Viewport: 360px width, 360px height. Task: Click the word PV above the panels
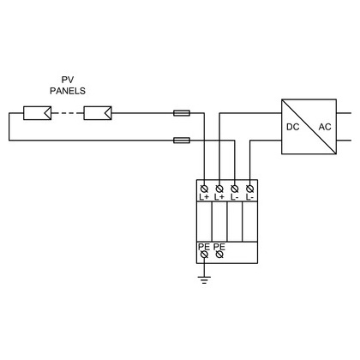pos(68,80)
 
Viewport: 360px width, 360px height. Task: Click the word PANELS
pos(68,91)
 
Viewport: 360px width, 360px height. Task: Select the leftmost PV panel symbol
pos(37,113)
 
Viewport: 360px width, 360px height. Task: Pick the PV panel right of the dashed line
pos(98,113)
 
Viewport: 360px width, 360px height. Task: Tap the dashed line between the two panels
pos(68,113)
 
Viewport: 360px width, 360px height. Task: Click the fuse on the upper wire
pos(182,113)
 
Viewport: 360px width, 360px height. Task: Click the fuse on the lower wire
pos(182,141)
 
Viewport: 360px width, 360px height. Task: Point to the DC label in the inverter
pos(293,127)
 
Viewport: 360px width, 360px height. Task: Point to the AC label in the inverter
pos(325,127)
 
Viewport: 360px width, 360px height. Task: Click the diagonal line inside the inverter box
pos(309,127)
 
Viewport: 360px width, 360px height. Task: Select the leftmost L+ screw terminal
pos(204,189)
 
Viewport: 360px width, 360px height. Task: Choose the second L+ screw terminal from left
pos(219,189)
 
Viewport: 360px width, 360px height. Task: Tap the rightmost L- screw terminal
pos(250,189)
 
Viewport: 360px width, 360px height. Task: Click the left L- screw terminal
pos(235,189)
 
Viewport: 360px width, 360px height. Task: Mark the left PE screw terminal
pos(204,255)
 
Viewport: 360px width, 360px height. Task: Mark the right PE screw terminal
pos(219,255)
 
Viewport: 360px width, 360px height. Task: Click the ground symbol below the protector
pos(204,279)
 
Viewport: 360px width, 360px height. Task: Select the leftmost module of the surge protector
pos(204,221)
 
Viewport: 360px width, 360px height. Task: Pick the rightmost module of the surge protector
pos(250,221)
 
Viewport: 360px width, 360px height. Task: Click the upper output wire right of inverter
pos(344,113)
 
